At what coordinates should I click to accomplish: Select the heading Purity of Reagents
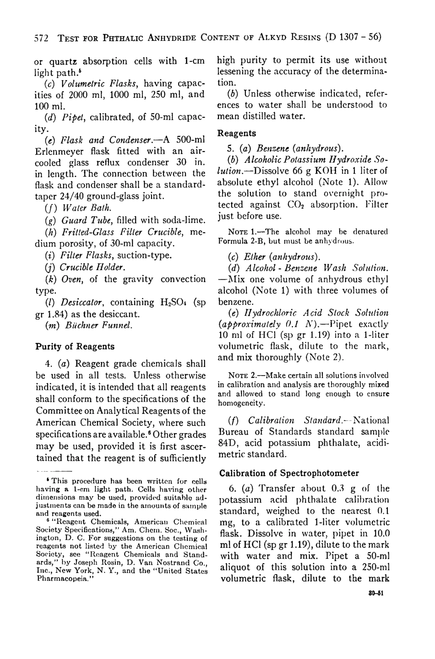pos(75,346)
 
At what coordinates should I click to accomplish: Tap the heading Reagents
pos(236,133)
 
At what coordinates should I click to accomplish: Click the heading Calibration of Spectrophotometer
pos(289,473)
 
